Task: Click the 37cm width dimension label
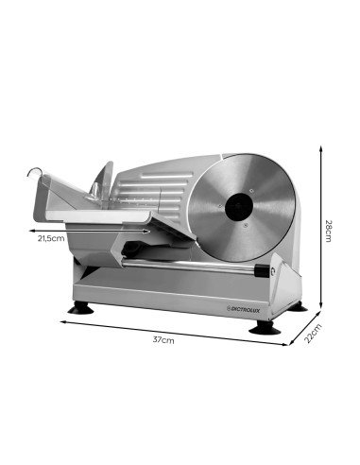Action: coord(164,339)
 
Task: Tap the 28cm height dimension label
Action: coord(329,230)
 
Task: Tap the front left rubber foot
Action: coord(78,306)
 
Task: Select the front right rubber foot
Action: coord(262,326)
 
